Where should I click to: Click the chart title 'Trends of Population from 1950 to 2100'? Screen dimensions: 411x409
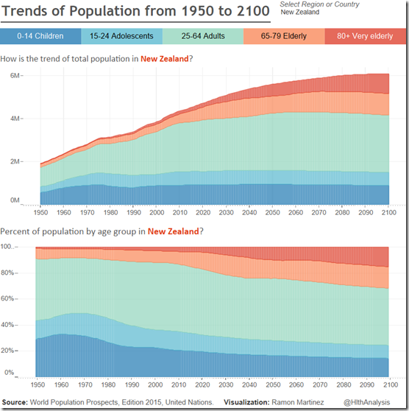(135, 13)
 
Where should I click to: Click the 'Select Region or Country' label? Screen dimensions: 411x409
(320, 5)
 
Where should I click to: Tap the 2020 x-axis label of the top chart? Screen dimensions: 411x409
(203, 212)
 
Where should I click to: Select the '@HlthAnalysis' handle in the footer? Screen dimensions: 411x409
(380, 401)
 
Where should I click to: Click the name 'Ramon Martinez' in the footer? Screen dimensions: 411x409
(301, 401)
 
